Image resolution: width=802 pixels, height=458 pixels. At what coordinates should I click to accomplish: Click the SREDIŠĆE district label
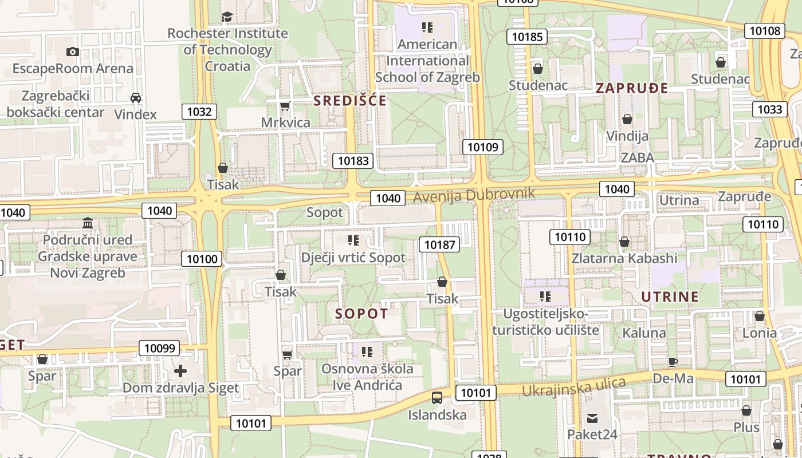click(349, 101)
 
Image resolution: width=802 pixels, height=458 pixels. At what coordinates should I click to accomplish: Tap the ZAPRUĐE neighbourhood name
click(632, 88)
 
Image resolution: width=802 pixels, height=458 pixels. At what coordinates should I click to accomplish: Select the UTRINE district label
click(670, 297)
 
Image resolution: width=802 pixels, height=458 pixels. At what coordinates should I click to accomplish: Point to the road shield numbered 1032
click(199, 112)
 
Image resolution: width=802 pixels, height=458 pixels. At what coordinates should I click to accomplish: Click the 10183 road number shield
click(353, 161)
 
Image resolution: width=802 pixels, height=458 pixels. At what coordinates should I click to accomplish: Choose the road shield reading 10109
click(483, 147)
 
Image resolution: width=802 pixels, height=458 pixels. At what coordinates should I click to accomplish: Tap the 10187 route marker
click(439, 245)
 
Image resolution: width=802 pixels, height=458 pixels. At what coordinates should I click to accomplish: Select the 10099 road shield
click(159, 348)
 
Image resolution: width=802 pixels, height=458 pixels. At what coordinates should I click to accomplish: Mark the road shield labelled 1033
click(769, 109)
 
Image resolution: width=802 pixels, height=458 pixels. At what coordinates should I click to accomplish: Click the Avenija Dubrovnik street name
click(474, 195)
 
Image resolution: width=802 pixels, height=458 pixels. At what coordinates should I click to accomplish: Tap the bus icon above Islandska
click(437, 397)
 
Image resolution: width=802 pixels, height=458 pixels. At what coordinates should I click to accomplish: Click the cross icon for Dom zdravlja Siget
click(180, 371)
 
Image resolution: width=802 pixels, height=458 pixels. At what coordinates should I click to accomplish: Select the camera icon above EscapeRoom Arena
click(73, 52)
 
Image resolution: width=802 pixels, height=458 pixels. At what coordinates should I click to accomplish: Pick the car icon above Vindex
click(136, 97)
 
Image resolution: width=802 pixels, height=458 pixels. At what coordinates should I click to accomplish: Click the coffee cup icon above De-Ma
click(673, 362)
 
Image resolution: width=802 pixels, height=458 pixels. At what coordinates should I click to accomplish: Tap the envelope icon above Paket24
click(592, 418)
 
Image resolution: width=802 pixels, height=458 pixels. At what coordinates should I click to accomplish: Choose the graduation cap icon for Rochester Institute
click(227, 17)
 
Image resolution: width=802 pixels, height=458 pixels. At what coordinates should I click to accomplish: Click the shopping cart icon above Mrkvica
click(285, 106)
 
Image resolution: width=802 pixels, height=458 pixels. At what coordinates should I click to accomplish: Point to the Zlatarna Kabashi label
click(624, 258)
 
